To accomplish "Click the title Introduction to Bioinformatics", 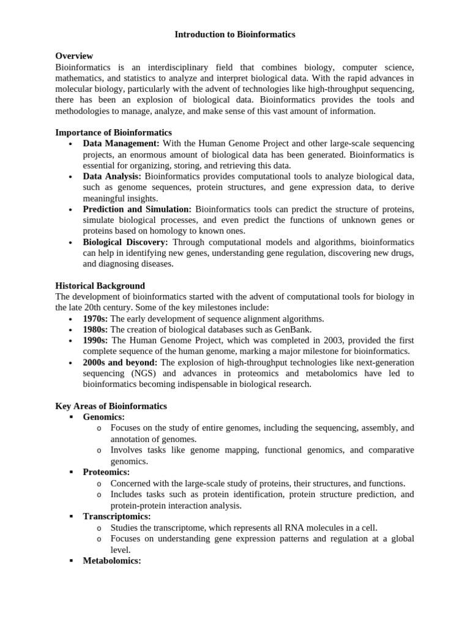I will pos(235,35).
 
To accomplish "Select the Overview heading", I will pos(74,56).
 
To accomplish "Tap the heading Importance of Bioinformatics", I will pos(113,132).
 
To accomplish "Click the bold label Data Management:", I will pos(121,143).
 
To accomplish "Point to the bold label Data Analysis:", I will pos(112,176).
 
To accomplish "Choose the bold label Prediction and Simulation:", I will pos(137,209).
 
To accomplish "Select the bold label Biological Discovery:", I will pos(125,242).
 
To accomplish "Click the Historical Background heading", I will pos(100,286).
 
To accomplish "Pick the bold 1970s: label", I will pos(95,319).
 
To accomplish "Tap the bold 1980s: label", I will pos(95,329).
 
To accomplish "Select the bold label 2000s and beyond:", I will pos(120,362).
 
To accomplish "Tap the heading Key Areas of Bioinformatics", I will pos(111,406).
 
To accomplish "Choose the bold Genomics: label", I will pos(103,417).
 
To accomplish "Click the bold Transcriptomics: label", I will pos(116,517).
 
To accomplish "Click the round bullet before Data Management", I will pos(71,144).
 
